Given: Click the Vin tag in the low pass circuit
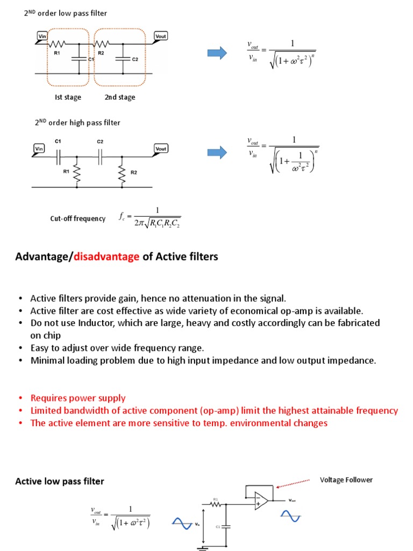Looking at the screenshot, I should tap(42, 37).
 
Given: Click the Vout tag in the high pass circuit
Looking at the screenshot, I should tap(161, 148).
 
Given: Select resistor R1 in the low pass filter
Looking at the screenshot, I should tap(58, 44).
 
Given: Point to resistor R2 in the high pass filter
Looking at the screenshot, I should tap(123, 172).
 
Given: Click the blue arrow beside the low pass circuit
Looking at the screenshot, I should tap(217, 52).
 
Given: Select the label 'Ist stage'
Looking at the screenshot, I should tap(68, 97).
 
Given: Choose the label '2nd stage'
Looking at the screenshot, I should tap(120, 97).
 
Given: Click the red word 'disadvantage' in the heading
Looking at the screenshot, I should tap(107, 257).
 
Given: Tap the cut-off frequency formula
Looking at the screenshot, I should tap(150, 217).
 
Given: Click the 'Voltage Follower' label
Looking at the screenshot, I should tap(346, 479).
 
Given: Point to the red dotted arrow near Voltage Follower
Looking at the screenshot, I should tap(293, 483).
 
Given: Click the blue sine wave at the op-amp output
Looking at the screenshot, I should tap(290, 518).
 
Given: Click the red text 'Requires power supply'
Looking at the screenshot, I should tap(78, 398).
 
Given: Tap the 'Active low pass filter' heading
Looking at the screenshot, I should tap(59, 481).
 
